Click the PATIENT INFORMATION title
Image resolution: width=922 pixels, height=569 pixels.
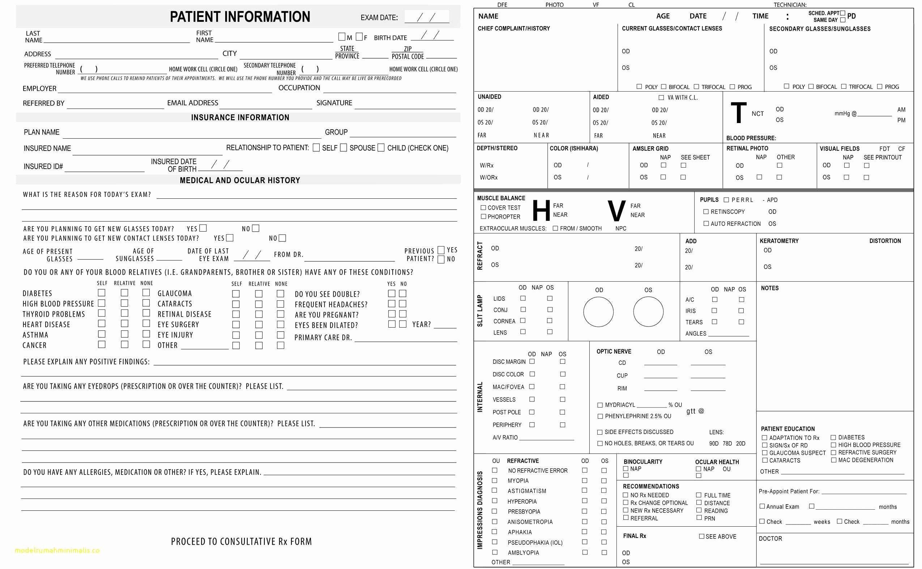tap(240, 17)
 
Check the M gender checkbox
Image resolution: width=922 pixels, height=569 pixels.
tap(341, 37)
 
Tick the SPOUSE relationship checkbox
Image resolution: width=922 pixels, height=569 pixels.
tap(343, 148)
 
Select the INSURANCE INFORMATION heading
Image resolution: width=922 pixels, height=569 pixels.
tap(240, 117)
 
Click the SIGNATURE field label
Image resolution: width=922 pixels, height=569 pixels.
tap(334, 103)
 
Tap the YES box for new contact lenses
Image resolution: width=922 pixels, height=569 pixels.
tap(230, 238)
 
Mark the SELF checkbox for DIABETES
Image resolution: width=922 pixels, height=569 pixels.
tap(102, 293)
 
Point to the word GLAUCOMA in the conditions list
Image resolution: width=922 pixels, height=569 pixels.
tap(174, 294)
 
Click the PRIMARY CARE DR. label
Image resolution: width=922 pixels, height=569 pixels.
tap(323, 338)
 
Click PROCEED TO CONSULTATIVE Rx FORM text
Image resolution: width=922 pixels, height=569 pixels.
tap(241, 541)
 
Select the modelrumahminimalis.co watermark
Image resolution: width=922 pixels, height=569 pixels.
tap(57, 550)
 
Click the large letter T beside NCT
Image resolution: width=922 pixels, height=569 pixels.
tap(738, 113)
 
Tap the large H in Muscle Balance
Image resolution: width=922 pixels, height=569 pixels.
tap(541, 210)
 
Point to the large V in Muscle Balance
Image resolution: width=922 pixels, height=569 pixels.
tap(616, 211)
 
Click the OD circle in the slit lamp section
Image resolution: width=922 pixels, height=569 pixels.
tap(598, 312)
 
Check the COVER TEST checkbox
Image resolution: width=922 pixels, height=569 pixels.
tap(483, 207)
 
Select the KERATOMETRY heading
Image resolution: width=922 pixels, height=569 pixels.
tap(779, 241)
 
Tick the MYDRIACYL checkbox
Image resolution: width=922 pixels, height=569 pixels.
tap(600, 405)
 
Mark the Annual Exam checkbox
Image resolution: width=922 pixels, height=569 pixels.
tap(762, 506)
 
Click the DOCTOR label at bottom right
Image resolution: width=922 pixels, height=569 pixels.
tap(770, 539)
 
